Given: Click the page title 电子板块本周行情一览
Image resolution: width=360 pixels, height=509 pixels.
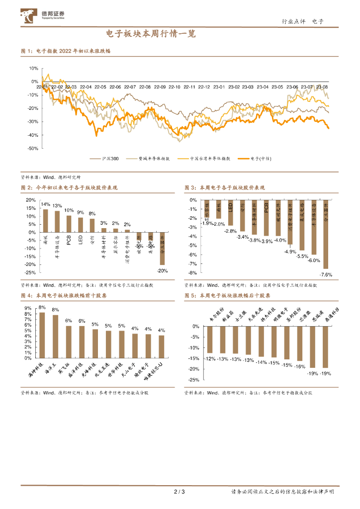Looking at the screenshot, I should click(x=151, y=34).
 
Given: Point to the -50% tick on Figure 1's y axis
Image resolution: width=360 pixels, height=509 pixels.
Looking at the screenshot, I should click(x=33, y=148).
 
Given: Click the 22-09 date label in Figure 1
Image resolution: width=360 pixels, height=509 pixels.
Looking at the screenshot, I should click(x=160, y=87).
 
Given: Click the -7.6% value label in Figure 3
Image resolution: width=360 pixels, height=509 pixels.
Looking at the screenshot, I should click(x=326, y=274).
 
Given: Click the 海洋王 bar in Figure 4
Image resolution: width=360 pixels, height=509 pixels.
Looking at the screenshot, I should click(x=55, y=336).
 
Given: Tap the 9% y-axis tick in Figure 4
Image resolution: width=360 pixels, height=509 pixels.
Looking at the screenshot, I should click(x=28, y=308).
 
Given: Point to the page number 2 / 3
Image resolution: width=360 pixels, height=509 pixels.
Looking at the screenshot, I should click(x=180, y=492).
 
